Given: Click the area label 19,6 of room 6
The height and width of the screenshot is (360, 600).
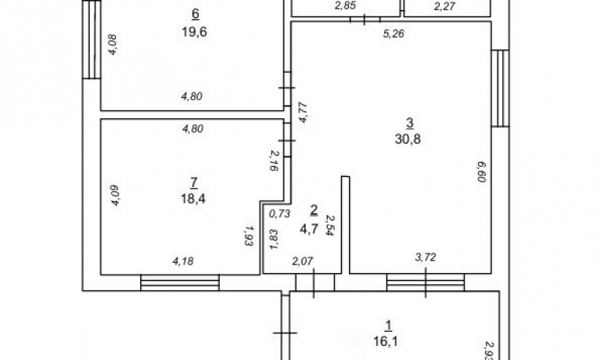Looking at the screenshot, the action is click(x=194, y=32).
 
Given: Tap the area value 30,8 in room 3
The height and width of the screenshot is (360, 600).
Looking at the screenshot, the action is click(x=408, y=139).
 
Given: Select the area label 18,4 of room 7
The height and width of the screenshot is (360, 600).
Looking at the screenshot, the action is click(x=193, y=198).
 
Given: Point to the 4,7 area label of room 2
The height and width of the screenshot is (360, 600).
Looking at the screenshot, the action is click(x=309, y=229).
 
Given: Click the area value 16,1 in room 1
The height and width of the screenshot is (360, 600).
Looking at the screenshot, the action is click(x=386, y=341).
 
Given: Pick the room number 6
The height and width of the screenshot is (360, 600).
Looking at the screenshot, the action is click(x=195, y=14).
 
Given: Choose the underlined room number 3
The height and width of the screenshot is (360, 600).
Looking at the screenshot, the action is click(x=409, y=123).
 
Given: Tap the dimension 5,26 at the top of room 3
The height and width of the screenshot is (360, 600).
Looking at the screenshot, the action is click(x=393, y=34).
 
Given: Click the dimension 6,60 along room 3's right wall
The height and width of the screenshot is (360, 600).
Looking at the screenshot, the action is click(x=481, y=171).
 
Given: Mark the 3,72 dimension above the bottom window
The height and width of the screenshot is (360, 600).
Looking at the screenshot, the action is click(x=426, y=257).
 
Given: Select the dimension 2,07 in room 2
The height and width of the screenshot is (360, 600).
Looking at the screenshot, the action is click(x=303, y=261).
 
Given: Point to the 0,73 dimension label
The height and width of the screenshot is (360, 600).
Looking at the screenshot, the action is click(x=280, y=214).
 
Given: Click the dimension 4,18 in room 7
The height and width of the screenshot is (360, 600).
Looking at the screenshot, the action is click(x=183, y=261).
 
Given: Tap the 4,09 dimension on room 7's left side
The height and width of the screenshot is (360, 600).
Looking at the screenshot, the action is click(x=115, y=196).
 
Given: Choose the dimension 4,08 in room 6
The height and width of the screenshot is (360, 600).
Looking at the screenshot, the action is click(x=113, y=45).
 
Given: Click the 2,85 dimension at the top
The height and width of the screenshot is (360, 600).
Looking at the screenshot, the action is click(x=345, y=5).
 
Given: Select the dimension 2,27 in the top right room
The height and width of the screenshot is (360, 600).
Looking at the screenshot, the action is click(x=444, y=6).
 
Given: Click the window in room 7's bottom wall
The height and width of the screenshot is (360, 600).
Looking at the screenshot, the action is click(x=180, y=283).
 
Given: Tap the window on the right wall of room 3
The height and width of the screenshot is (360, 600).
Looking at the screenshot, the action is click(x=500, y=88).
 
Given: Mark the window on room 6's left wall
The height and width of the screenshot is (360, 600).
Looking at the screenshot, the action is click(x=92, y=39).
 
